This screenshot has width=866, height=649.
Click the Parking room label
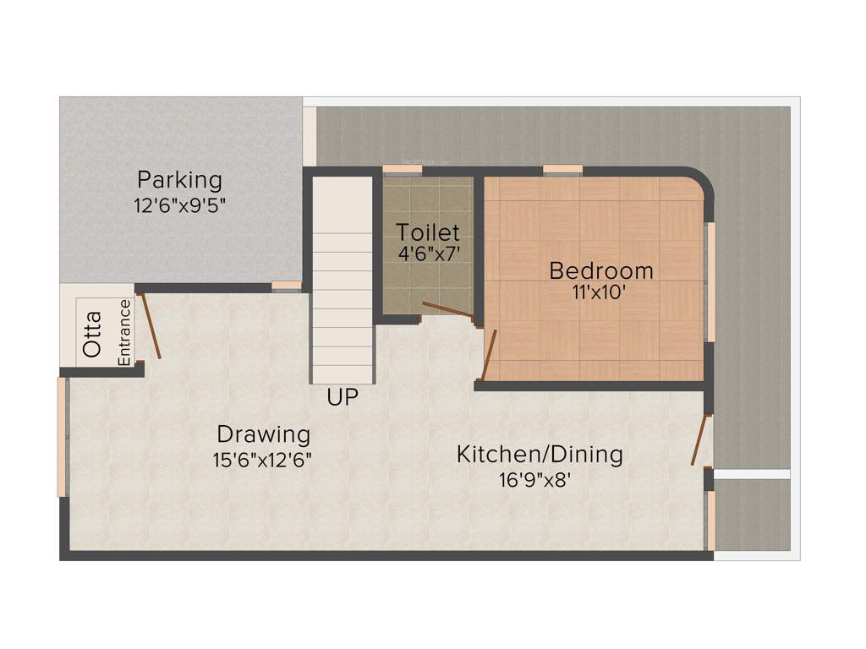coord(180,180)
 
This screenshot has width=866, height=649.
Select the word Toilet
coord(428,232)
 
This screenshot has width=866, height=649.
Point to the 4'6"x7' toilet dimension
coord(428,254)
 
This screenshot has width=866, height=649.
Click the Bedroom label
coord(601,271)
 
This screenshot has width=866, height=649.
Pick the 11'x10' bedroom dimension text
coord(601,293)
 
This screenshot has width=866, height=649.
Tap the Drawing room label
coord(264,435)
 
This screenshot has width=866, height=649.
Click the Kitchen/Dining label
coord(540,455)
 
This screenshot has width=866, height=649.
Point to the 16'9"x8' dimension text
coord(540,480)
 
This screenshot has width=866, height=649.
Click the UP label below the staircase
coord(343,397)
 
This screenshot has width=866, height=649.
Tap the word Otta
coord(92,334)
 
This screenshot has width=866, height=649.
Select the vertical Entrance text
coord(124,332)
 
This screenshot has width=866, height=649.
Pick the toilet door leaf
coord(447,309)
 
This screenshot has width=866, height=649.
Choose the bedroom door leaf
coord(488,355)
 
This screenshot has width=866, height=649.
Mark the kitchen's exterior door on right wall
coord(699,439)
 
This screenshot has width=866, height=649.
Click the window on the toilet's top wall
coord(402,171)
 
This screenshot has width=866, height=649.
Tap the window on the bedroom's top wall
coord(562,171)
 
